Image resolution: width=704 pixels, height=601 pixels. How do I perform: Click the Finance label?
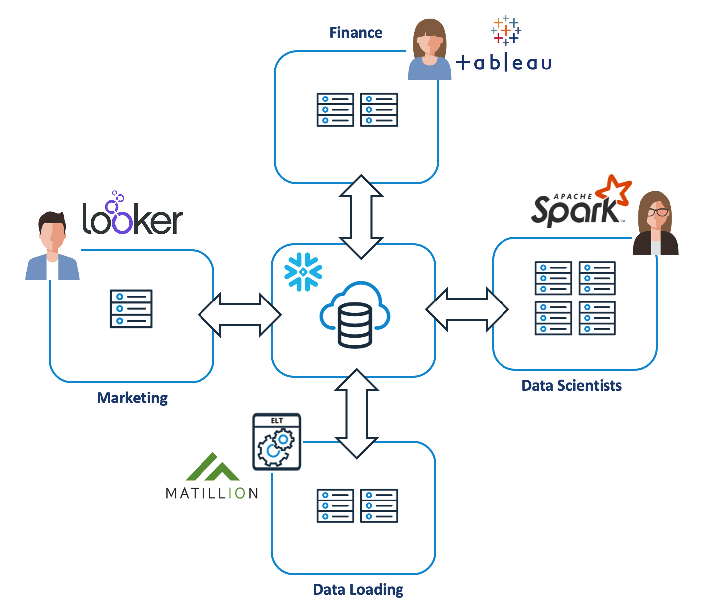tap(356, 33)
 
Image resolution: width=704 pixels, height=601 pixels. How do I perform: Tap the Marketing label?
tap(132, 398)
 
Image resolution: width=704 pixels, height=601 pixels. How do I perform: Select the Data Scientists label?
tap(571, 386)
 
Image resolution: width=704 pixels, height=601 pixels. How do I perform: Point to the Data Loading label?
tap(358, 590)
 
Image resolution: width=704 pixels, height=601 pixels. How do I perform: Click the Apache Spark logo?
tap(580, 204)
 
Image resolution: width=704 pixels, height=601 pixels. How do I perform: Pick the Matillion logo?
tap(212, 478)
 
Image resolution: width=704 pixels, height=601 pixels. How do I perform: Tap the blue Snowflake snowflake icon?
tap(303, 272)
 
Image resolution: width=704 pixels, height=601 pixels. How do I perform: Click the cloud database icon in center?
tap(355, 314)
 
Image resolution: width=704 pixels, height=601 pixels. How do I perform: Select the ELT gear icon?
tap(276, 442)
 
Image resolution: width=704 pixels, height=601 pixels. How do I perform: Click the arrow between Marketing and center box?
tap(240, 314)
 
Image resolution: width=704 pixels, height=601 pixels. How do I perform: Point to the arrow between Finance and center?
tap(361, 216)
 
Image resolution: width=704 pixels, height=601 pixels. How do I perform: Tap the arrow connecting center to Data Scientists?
tap(467, 309)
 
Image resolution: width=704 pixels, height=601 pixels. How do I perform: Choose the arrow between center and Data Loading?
tap(357, 413)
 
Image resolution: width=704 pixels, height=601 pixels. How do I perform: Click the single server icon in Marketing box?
tap(131, 308)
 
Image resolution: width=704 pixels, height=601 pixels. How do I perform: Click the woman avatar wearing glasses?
tap(656, 224)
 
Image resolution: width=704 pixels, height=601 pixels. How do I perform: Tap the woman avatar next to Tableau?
tap(429, 50)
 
